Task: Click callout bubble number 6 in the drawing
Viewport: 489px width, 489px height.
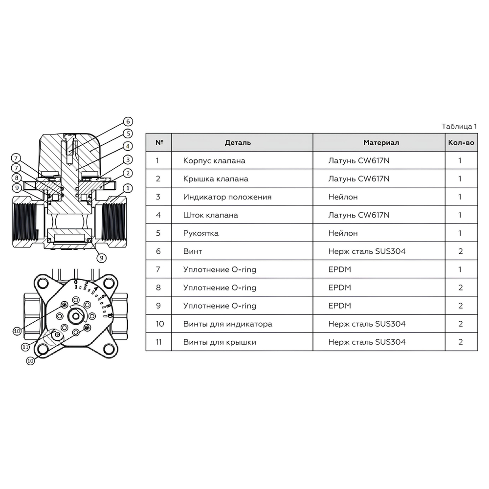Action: [x=128, y=122]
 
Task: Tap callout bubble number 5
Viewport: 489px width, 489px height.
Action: [x=128, y=134]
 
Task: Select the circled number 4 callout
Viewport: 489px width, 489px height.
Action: [x=128, y=146]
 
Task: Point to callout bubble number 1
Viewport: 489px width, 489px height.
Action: [x=128, y=188]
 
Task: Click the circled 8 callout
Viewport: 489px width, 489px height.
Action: [x=17, y=178]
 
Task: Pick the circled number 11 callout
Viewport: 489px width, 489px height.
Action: [x=25, y=347]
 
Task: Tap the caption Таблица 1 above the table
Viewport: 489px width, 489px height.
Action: [x=459, y=126]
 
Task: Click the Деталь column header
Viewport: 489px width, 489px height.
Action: [x=238, y=143]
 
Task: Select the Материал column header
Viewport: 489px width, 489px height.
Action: [x=381, y=143]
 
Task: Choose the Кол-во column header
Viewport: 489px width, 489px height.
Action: [x=461, y=143]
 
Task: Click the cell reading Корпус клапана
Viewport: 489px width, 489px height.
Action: [x=214, y=161]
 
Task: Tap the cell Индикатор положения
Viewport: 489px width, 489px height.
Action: [x=227, y=197]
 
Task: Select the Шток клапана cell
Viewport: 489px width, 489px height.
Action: [x=210, y=215]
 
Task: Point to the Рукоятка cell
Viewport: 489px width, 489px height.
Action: [x=201, y=233]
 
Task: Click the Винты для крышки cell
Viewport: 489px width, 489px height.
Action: [x=220, y=342]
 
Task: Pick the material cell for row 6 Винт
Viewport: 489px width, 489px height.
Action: [x=367, y=251]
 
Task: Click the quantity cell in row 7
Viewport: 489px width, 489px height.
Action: [x=460, y=269]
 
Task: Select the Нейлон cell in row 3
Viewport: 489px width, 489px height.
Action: [x=343, y=197]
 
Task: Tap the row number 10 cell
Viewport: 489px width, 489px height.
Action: [x=160, y=324]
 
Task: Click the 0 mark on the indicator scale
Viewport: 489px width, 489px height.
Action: [x=76, y=282]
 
